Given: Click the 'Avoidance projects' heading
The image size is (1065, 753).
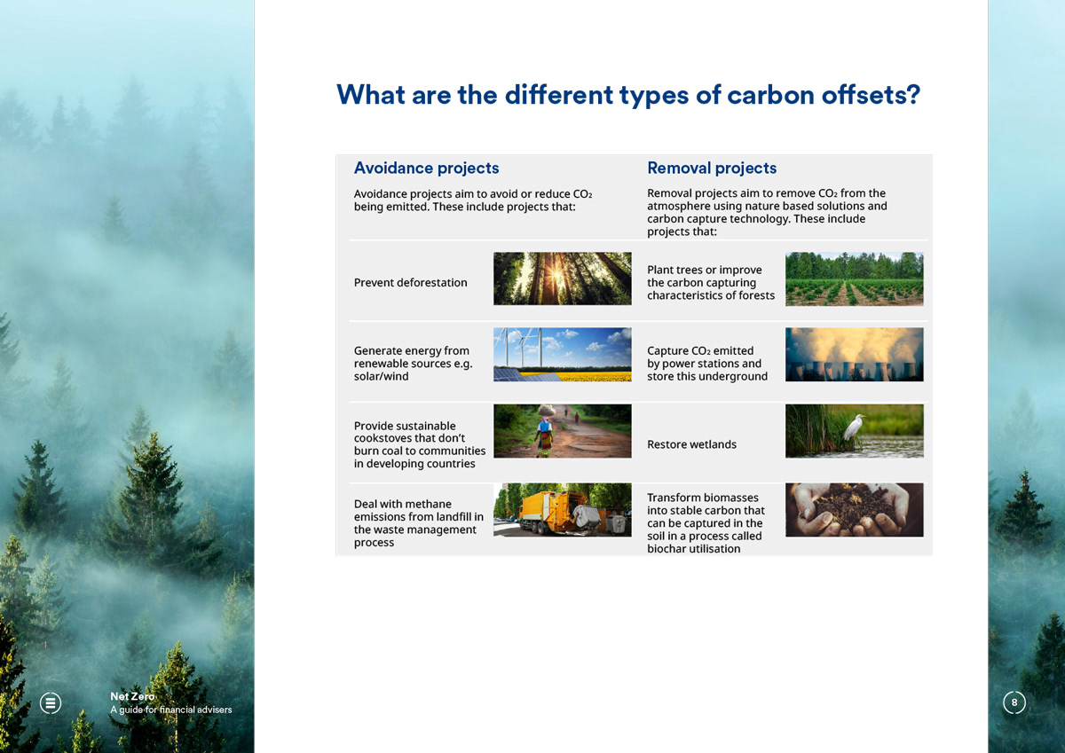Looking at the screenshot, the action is coord(427,169).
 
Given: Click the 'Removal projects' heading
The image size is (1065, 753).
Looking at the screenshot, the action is coord(712,169).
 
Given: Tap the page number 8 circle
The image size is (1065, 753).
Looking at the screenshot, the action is coord(1014,702).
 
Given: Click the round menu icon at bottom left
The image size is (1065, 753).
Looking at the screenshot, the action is coord(51,703).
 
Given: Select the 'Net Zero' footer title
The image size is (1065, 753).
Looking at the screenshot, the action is coord(132,696).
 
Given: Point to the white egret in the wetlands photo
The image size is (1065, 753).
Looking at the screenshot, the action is coord(854,427).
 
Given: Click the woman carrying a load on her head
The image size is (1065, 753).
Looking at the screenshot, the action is coord(545,431).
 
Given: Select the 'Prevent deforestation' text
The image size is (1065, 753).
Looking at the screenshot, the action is coord(410,283).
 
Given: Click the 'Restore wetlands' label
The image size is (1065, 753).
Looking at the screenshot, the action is coord(691,444).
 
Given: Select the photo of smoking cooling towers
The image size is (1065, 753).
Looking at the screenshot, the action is coord(855,355).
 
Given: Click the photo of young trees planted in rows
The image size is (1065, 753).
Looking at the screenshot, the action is coord(855,278).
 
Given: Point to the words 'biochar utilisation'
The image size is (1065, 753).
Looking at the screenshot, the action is coord(694,549).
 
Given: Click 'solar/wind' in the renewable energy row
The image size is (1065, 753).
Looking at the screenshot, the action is coord(381,377).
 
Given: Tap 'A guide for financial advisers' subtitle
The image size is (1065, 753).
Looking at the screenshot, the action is coord(171,710).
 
